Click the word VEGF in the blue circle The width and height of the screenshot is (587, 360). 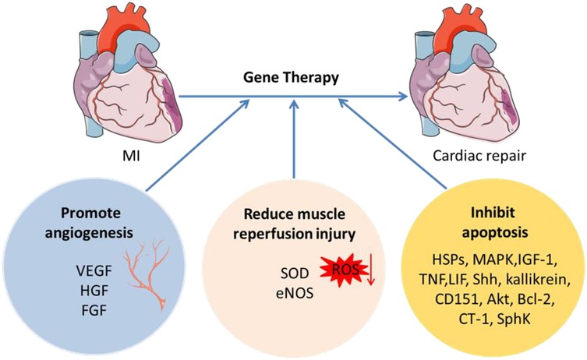click(90, 274)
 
